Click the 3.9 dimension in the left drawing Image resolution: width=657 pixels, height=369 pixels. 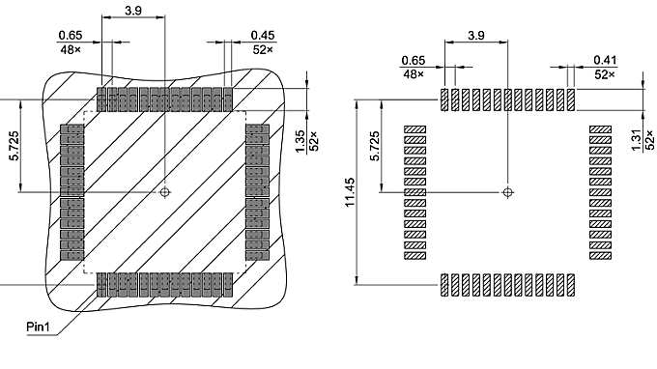[x=133, y=10]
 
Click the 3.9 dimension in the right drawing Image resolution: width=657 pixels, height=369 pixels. [x=475, y=35]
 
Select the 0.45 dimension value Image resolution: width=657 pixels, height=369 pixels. [x=261, y=35]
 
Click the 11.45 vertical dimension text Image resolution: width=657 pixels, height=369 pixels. [x=349, y=191]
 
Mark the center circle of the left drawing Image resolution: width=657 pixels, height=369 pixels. [x=165, y=191]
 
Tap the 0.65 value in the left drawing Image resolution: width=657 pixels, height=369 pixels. [x=71, y=35]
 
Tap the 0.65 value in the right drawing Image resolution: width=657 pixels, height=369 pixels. [x=414, y=60]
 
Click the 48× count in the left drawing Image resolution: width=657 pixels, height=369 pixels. [x=71, y=47]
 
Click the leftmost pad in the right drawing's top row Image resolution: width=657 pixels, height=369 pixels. [x=445, y=99]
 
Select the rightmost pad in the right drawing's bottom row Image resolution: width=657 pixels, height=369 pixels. [x=571, y=284]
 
